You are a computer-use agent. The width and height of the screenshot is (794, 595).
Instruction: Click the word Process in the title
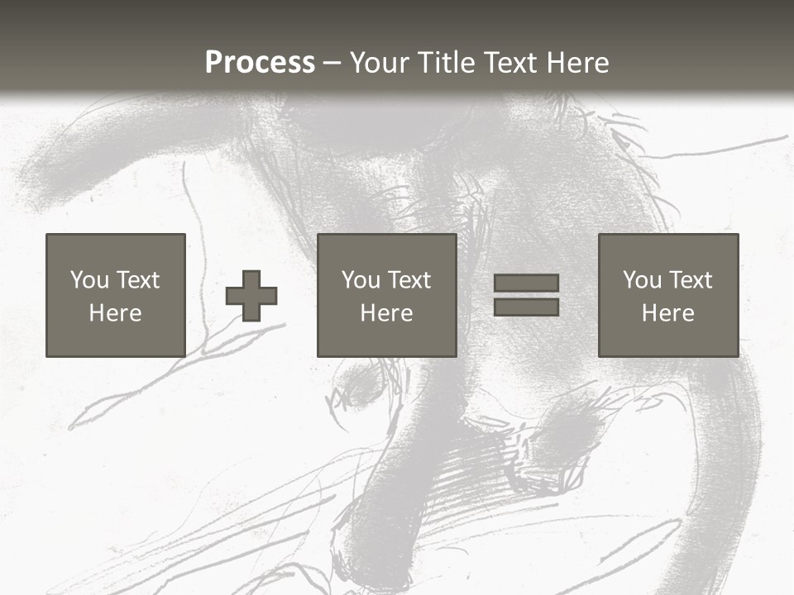point(260,63)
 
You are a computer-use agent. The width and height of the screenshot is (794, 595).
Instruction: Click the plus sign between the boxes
point(251,296)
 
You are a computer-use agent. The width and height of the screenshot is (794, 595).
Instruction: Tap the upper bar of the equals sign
point(526,283)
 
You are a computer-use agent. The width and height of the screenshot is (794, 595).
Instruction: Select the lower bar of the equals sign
point(526,307)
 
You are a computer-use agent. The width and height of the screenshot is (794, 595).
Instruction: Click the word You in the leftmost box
point(89,280)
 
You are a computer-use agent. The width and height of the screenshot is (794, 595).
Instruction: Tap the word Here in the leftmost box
point(115,313)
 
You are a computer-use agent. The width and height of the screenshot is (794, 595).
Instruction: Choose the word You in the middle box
point(361,280)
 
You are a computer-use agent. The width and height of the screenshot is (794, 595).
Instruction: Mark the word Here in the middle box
point(386,313)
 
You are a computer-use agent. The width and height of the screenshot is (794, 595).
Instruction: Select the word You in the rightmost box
point(642,280)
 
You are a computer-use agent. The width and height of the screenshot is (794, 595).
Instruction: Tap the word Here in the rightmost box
point(667,313)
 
